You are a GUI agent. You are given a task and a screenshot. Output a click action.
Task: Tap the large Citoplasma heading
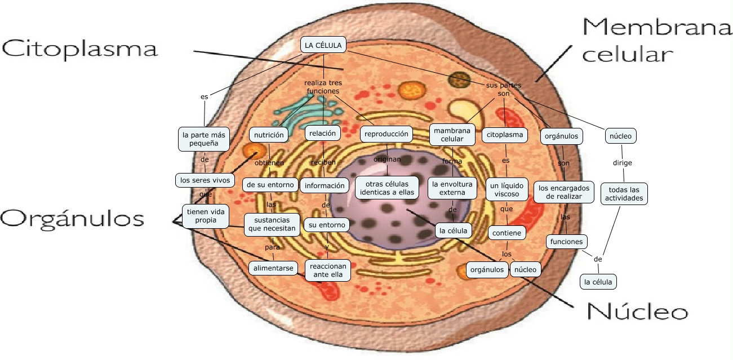coord(79,49)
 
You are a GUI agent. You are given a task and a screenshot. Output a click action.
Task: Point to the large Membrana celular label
coord(657,39)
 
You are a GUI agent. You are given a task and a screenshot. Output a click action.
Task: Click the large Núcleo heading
coord(637,311)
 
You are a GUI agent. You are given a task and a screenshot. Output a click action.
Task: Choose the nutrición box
coord(269,135)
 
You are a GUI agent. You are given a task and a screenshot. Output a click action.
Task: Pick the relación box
coord(322,134)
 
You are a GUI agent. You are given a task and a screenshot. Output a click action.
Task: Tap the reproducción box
coord(386,134)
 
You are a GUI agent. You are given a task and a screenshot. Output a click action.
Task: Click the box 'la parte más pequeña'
coord(204,140)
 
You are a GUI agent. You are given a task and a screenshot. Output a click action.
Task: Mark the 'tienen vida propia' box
coord(206,215)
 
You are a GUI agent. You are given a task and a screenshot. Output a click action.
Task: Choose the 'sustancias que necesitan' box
coord(271,224)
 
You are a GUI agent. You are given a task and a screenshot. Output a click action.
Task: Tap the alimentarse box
coord(273,268)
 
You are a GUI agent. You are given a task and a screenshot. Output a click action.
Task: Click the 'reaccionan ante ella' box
coord(327,270)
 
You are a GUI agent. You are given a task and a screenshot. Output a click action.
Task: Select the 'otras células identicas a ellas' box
coord(387,188)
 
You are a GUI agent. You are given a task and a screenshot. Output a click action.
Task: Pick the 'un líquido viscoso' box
coord(507,190)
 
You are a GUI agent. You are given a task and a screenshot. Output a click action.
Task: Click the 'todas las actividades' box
coord(624,194)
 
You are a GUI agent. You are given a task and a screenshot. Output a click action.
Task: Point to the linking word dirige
coord(623,163)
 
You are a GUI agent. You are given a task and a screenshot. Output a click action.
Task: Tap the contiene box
coord(507,233)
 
